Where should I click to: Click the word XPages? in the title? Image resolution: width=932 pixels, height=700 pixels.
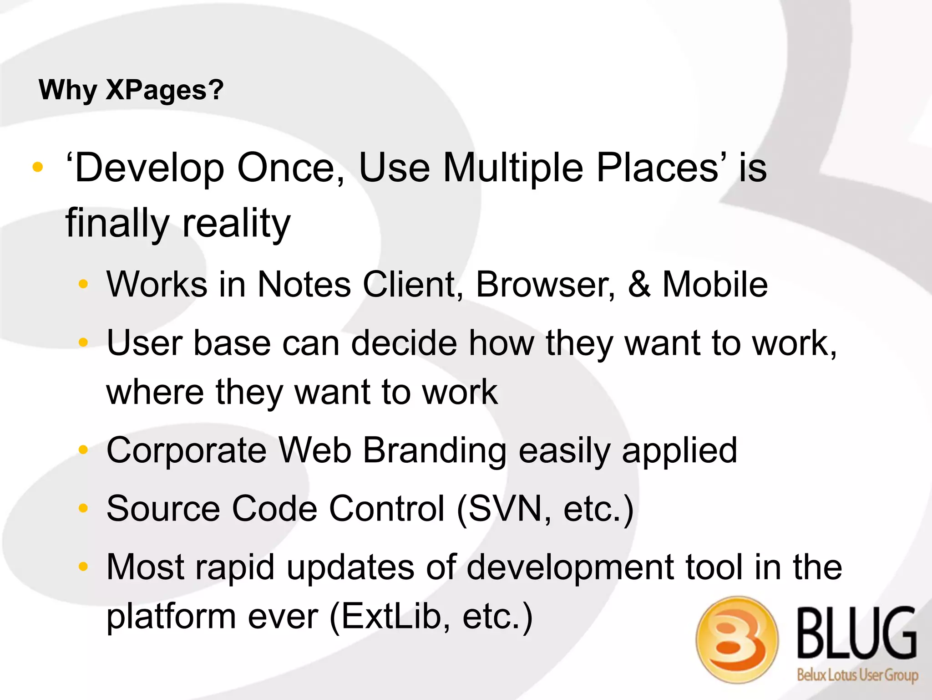click(x=164, y=90)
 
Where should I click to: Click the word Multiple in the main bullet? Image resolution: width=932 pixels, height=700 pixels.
click(x=513, y=168)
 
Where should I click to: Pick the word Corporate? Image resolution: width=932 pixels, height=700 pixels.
click(x=186, y=450)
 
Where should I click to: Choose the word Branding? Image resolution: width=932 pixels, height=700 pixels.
click(x=435, y=450)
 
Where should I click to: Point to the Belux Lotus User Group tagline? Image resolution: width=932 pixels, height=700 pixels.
click(x=857, y=674)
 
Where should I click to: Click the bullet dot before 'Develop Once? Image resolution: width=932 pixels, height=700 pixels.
click(x=38, y=168)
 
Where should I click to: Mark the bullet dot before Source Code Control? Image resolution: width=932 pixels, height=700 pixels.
click(x=83, y=508)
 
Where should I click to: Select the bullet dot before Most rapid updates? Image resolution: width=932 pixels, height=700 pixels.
click(x=83, y=567)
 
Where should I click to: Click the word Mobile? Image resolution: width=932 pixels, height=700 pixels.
click(x=715, y=284)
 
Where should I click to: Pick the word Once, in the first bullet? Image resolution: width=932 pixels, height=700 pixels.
click(x=291, y=168)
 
